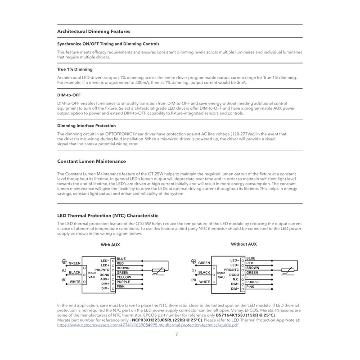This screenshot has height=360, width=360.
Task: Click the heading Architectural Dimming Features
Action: pyautogui.click(x=94, y=31)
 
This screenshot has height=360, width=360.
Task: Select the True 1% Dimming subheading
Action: pyautogui.click(x=75, y=69)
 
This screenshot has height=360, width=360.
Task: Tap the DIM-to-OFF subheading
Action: pyautogui.click(x=69, y=95)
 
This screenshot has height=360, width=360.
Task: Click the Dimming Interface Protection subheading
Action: pyautogui.click(x=86, y=126)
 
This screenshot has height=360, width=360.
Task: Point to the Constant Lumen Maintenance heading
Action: pyautogui.click(x=91, y=161)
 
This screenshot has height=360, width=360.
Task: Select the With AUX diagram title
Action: pyautogui.click(x=110, y=245)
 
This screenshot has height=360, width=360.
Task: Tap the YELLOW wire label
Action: pyautogui.click(x=124, y=277)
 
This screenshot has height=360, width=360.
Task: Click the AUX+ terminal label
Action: pyautogui.click(x=105, y=279)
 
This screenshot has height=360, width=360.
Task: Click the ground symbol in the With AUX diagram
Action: pyautogui.click(x=64, y=261)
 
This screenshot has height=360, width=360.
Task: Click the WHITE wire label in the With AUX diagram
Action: pyautogui.click(x=75, y=281)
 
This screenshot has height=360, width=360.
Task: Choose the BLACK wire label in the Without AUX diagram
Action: pyautogui.click(x=204, y=272)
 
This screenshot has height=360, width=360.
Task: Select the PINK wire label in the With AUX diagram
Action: pyautogui.click(x=121, y=287)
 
